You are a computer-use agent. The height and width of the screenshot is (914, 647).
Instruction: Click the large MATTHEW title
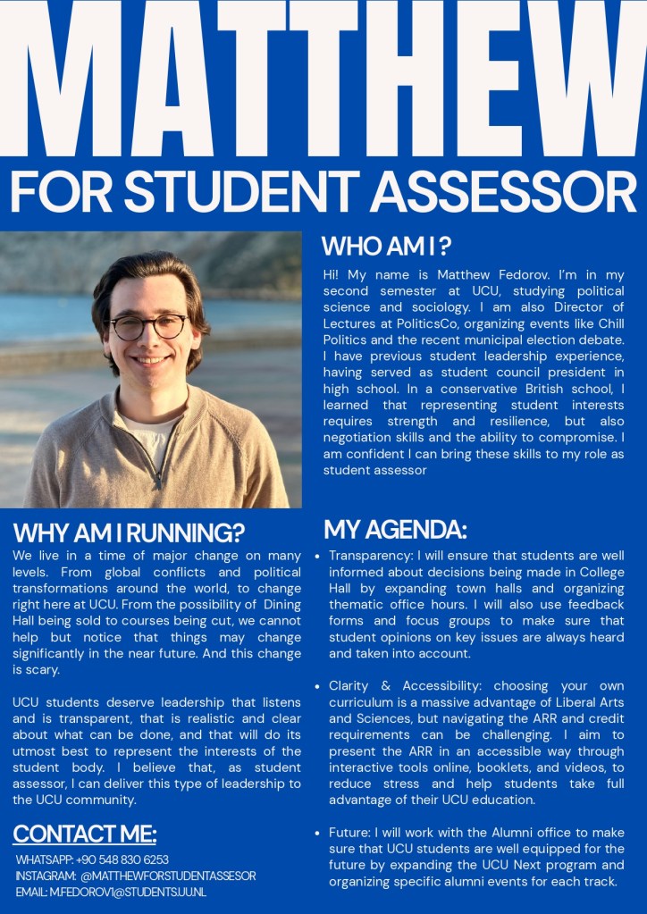pyautogui.click(x=323, y=80)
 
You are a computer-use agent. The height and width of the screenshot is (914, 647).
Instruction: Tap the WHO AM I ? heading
pyautogui.click(x=386, y=246)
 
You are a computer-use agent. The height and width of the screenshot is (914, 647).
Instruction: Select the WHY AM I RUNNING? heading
pyautogui.click(x=129, y=533)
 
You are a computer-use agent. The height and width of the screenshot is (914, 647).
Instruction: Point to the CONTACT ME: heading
pyautogui.click(x=85, y=834)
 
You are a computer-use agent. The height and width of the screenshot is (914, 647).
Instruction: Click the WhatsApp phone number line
pyautogui.click(x=92, y=859)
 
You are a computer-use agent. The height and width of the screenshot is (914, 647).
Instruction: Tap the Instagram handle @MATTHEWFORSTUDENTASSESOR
pyautogui.click(x=167, y=876)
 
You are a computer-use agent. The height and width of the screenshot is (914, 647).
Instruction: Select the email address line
pyautogui.click(x=115, y=892)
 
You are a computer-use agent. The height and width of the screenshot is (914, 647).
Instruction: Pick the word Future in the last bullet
pyautogui.click(x=349, y=833)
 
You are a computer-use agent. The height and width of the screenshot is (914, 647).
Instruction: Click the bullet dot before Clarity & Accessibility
pyautogui.click(x=318, y=686)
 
